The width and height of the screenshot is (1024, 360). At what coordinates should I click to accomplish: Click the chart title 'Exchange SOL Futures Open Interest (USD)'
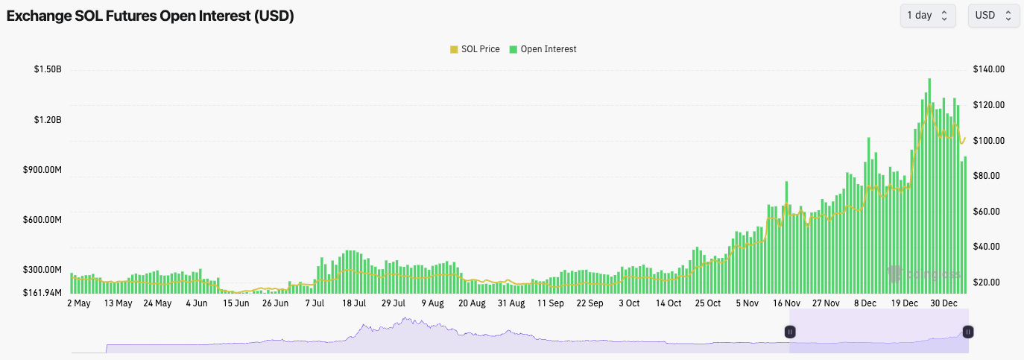pyautogui.click(x=150, y=16)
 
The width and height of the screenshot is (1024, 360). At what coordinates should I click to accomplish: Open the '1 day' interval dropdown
pyautogui.click(x=927, y=15)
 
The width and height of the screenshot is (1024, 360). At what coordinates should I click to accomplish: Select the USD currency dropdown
pyautogui.click(x=993, y=15)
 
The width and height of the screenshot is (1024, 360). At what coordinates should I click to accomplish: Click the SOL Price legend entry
pyautogui.click(x=475, y=49)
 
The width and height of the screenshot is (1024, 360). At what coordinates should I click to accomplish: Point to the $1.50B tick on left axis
pyautogui.click(x=47, y=69)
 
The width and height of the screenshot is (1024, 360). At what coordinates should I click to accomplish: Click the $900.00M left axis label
pyautogui.click(x=42, y=170)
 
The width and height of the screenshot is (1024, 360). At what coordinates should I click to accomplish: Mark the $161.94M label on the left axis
pyautogui.click(x=42, y=293)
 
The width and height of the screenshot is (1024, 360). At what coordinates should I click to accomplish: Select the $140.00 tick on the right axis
pyautogui.click(x=989, y=69)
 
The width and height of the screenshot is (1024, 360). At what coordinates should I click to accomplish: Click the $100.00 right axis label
pyautogui.click(x=989, y=141)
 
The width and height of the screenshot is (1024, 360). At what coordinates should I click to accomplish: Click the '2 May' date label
pyautogui.click(x=78, y=303)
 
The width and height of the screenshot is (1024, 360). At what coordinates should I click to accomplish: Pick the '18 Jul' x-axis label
pyautogui.click(x=354, y=303)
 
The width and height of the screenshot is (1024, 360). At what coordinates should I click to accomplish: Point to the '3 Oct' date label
pyautogui.click(x=628, y=303)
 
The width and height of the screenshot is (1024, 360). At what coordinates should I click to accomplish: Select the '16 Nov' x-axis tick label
pyautogui.click(x=786, y=303)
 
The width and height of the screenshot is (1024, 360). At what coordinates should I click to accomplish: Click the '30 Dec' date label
pyautogui.click(x=944, y=303)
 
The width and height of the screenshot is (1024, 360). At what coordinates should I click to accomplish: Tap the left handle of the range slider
pyautogui.click(x=790, y=332)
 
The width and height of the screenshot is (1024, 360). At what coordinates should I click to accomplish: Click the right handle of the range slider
pyautogui.click(x=967, y=332)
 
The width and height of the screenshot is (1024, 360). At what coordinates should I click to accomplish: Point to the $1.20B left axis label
pyautogui.click(x=47, y=120)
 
